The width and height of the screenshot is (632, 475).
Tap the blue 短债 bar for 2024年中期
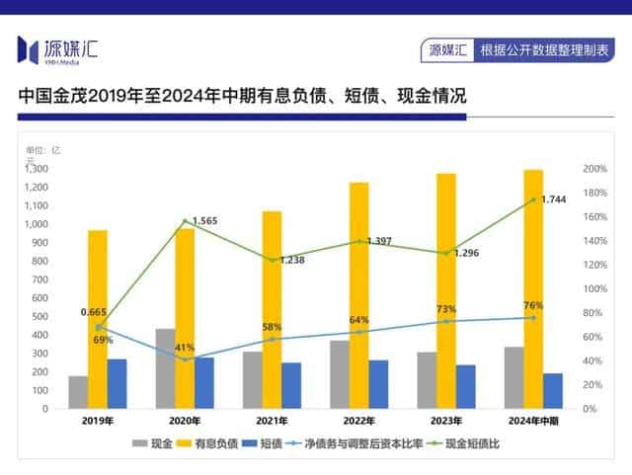click(x=553, y=390)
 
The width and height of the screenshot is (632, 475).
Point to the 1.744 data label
click(x=554, y=199)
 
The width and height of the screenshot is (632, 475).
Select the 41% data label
click(x=185, y=348)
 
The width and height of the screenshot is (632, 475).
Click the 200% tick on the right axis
click(x=594, y=169)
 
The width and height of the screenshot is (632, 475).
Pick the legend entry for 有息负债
click(x=213, y=443)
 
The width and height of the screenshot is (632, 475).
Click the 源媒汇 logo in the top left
click(x=59, y=47)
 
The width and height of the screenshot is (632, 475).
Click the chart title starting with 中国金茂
click(x=241, y=97)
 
